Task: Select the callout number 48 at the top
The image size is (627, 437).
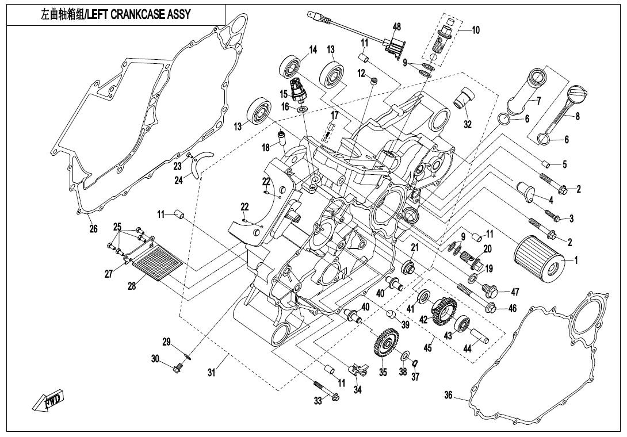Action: pyautogui.click(x=397, y=27)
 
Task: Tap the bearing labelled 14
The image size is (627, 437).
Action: pyautogui.click(x=291, y=66)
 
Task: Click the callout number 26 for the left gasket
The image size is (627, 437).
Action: pyautogui.click(x=93, y=229)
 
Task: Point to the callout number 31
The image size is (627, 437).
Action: pyautogui.click(x=212, y=372)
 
